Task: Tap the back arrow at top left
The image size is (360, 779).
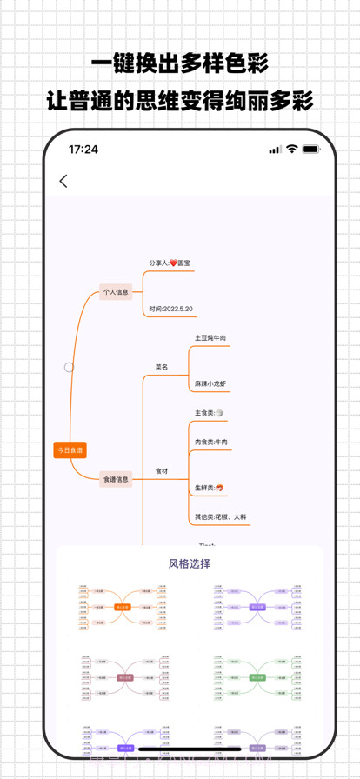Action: [63, 181]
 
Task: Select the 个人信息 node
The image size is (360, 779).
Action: [115, 293]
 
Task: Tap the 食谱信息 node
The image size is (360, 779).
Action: [116, 478]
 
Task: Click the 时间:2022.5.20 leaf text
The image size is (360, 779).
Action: [170, 309]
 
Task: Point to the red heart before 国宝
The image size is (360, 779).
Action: [173, 263]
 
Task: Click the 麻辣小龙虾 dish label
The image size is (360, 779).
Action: [210, 383]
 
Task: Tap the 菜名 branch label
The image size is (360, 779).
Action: [162, 367]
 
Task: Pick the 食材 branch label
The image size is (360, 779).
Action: [162, 471]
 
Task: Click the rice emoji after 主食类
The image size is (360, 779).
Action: [219, 413]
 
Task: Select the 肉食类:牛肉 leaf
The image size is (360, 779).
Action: [211, 443]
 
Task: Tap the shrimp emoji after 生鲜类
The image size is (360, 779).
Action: [220, 488]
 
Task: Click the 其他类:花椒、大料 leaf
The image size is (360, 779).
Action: [221, 516]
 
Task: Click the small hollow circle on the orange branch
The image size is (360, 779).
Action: [69, 367]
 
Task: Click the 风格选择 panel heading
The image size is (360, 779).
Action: [189, 563]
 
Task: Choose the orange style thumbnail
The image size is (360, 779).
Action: [123, 606]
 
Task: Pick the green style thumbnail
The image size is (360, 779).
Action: [257, 676]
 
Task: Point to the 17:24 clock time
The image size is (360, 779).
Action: [83, 150]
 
